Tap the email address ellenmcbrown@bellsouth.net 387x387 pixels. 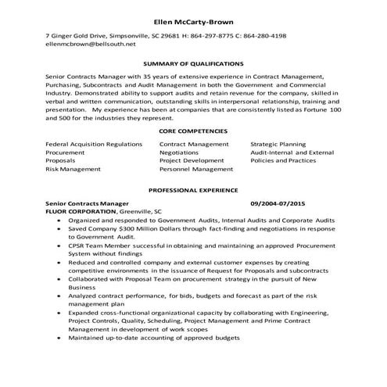[x=85, y=45]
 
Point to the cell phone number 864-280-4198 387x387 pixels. [x=265, y=36]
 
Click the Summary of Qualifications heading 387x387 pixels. [x=193, y=63]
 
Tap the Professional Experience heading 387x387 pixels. [x=193, y=191]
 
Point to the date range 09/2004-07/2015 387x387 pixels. [x=278, y=202]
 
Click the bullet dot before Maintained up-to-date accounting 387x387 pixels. [x=61, y=338]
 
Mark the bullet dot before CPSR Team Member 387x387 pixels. [x=61, y=245]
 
